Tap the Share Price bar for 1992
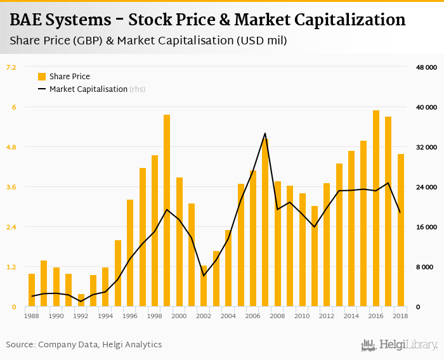(x=81, y=300)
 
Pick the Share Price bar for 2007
(x=265, y=222)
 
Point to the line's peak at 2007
(x=265, y=133)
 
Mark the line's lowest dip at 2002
(x=204, y=276)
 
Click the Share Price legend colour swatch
(x=42, y=77)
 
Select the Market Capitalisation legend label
(x=88, y=89)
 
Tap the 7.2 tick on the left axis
(x=11, y=67)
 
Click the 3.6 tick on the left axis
(x=11, y=187)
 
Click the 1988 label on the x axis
(x=32, y=316)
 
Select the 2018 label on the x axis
(x=401, y=316)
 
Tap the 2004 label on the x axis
(x=228, y=316)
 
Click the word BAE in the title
(x=27, y=20)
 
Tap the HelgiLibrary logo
(x=400, y=345)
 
